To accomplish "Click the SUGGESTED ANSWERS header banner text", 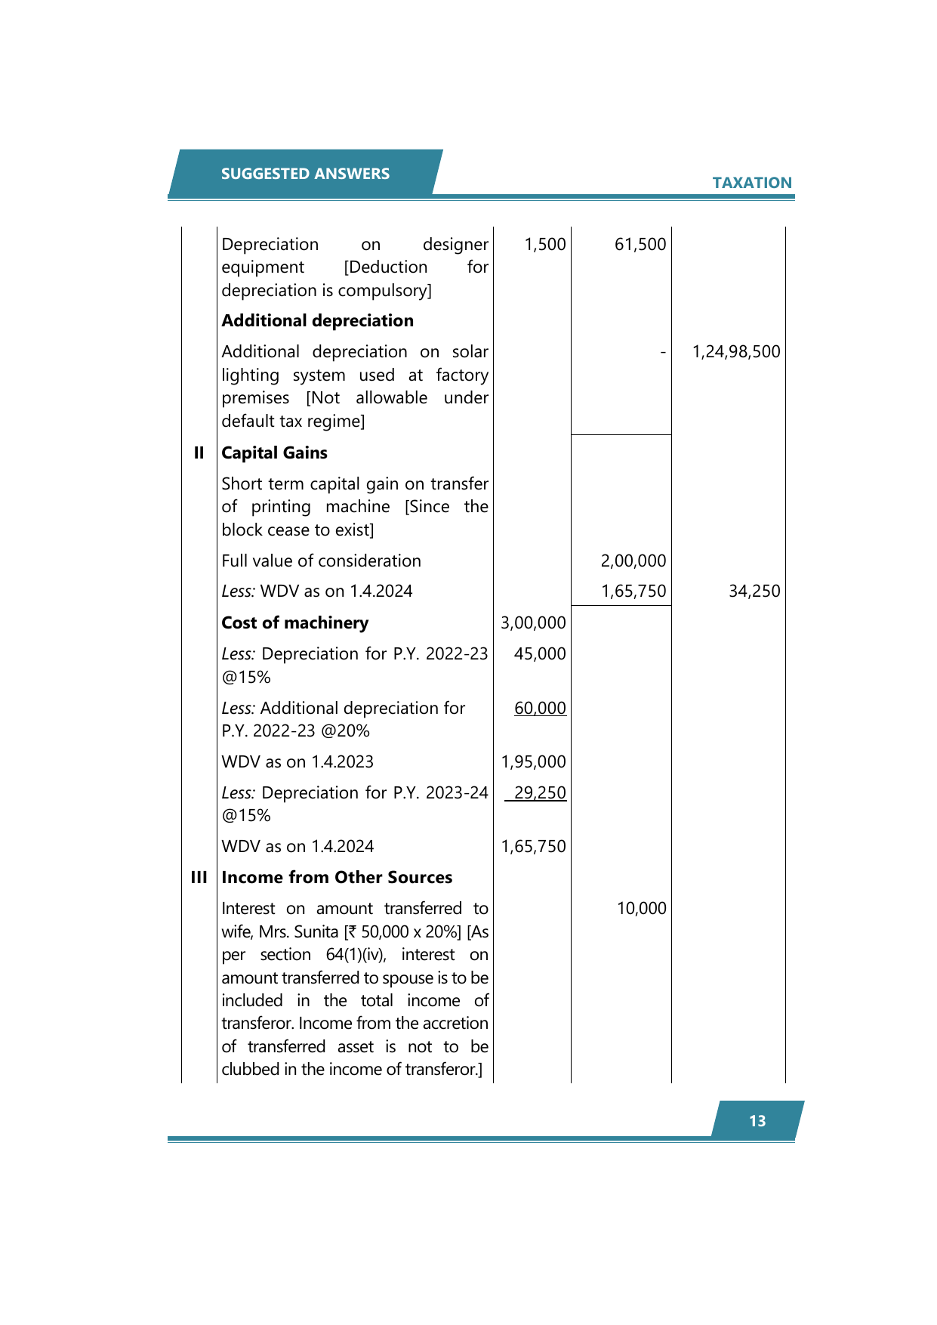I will pyautogui.click(x=305, y=174).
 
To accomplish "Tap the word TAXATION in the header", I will pyautogui.click(x=751, y=183).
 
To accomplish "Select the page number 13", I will pyautogui.click(x=757, y=1121).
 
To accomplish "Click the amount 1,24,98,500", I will pyautogui.click(x=736, y=352).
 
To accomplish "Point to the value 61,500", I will pyautogui.click(x=640, y=245).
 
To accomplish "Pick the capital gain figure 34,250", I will pyautogui.click(x=754, y=591).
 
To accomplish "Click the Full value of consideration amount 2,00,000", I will pyautogui.click(x=633, y=561).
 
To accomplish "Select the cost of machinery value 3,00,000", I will pyautogui.click(x=533, y=623).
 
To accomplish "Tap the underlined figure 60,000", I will pyautogui.click(x=540, y=709).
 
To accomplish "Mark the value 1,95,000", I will pyautogui.click(x=533, y=762).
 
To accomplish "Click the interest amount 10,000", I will pyautogui.click(x=641, y=909).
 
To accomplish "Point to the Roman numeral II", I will pyautogui.click(x=199, y=453).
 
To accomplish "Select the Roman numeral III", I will pyautogui.click(x=199, y=878).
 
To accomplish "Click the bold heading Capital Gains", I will pyautogui.click(x=274, y=453).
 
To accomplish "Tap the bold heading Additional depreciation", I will pyautogui.click(x=317, y=321).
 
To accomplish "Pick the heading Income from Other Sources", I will pyautogui.click(x=337, y=878).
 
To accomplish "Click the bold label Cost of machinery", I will pyautogui.click(x=294, y=623).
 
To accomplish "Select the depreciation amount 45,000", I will pyautogui.click(x=540, y=654).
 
